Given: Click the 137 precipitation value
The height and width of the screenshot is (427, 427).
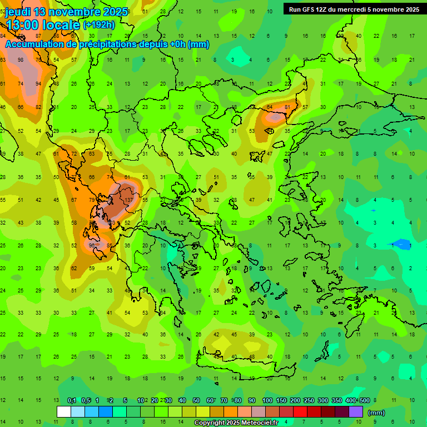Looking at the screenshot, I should tap(129, 200).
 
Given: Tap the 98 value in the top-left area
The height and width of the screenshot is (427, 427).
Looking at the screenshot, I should tap(21, 60).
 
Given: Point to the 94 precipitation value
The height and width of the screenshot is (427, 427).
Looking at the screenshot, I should tap(38, 84).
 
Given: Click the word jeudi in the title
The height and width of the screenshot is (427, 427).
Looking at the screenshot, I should tap(22, 12).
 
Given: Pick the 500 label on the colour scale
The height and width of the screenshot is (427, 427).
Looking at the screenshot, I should tap(364, 400).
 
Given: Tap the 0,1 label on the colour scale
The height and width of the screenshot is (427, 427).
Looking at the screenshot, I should tap(72, 400).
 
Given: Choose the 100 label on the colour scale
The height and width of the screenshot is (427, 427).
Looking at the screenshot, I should tap(267, 400).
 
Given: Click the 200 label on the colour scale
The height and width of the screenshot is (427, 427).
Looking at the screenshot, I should tap(295, 400).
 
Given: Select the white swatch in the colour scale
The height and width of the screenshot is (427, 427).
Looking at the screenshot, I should tap(64, 412).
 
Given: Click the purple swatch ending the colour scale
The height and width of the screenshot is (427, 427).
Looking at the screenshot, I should tap(356, 412).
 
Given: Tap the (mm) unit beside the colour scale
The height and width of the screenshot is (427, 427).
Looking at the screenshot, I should tap(376, 413).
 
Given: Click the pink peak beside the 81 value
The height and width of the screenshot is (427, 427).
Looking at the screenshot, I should tap(275, 117).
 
